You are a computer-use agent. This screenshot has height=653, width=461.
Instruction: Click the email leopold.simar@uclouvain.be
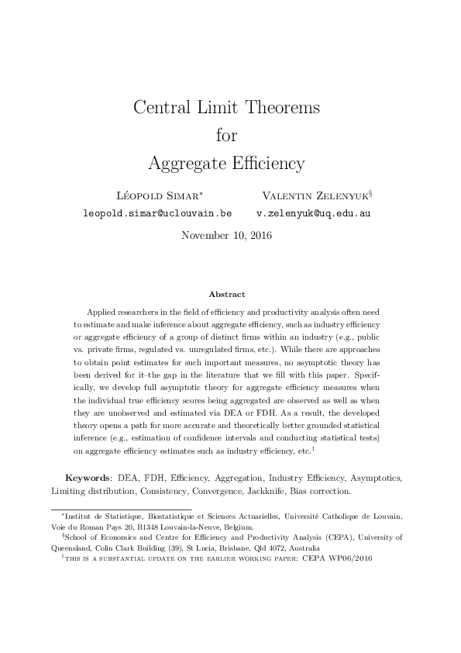pyautogui.click(x=157, y=212)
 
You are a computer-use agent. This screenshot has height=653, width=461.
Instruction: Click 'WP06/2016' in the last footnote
pyautogui.click(x=353, y=556)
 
